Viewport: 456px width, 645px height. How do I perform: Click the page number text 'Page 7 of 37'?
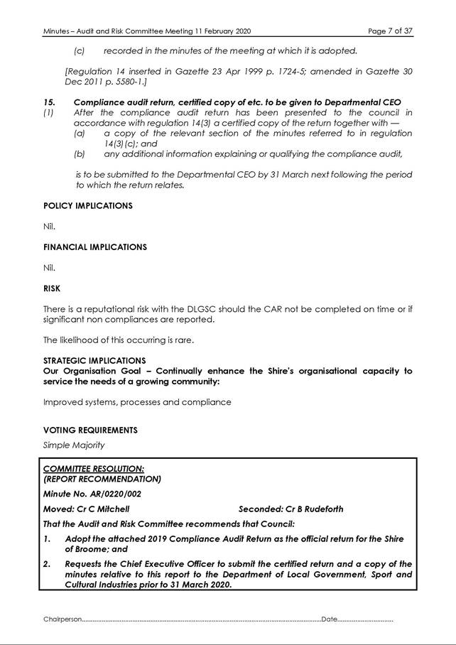389,31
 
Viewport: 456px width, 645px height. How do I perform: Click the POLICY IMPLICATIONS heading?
87,206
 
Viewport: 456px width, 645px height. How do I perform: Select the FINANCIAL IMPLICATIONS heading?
94,247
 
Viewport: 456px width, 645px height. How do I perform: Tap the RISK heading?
52,289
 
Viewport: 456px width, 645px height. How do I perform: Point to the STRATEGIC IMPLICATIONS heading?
94,361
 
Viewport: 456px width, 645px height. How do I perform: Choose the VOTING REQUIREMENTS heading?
90,430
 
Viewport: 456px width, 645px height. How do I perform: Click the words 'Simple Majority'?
74,445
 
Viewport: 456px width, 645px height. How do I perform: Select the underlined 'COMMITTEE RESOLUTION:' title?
94,469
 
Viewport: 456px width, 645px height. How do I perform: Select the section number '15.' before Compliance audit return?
49,103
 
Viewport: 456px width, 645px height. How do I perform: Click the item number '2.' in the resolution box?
48,564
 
